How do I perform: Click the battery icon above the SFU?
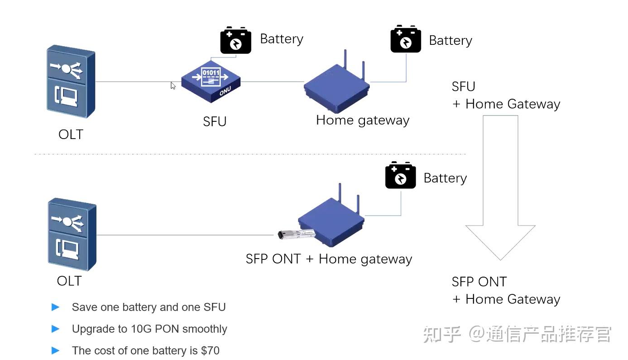[235, 40]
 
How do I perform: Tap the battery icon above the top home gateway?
[406, 39]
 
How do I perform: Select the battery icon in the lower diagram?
[400, 175]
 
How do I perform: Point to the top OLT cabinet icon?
[71, 82]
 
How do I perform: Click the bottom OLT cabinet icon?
[72, 234]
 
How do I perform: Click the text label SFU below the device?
[215, 121]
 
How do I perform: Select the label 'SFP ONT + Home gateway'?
[329, 259]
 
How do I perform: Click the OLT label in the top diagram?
[71, 134]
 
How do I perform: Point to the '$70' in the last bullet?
[210, 350]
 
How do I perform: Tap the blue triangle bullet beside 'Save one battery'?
[56, 307]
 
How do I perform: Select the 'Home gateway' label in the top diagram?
[362, 120]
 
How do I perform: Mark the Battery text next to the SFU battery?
[281, 39]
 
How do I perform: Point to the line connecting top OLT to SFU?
[131, 82]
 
